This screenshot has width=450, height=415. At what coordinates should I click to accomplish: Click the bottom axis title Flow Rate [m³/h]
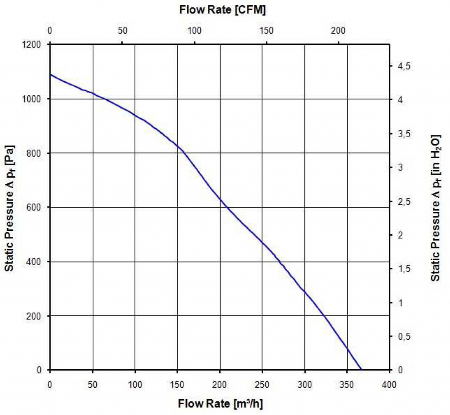pyautogui.click(x=221, y=403)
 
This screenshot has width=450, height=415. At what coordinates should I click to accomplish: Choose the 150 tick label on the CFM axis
pyautogui.click(x=267, y=31)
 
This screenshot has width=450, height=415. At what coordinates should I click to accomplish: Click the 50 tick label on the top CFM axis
pyautogui.click(x=123, y=31)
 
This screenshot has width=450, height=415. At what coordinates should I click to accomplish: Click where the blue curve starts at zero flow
pyautogui.click(x=50, y=74)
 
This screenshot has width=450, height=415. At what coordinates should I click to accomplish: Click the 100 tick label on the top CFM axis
pyautogui.click(x=195, y=31)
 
